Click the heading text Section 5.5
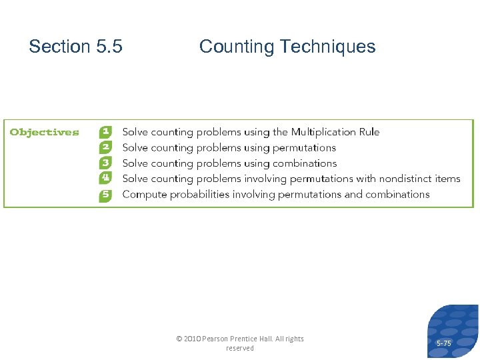pyautogui.click(x=75, y=47)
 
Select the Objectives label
pyautogui.click(x=44, y=132)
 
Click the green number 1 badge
pyautogui.click(x=106, y=132)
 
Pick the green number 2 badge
pyautogui.click(x=106, y=147)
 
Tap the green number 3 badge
pyautogui.click(x=106, y=163)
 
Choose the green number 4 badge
pyautogui.click(x=106, y=178)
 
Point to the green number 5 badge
pyautogui.click(x=106, y=195)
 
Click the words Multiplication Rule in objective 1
pyautogui.click(x=335, y=132)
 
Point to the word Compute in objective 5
pyautogui.click(x=145, y=195)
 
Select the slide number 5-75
pyautogui.click(x=443, y=343)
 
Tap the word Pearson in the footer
pyautogui.click(x=216, y=339)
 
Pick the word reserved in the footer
pyautogui.click(x=240, y=348)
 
